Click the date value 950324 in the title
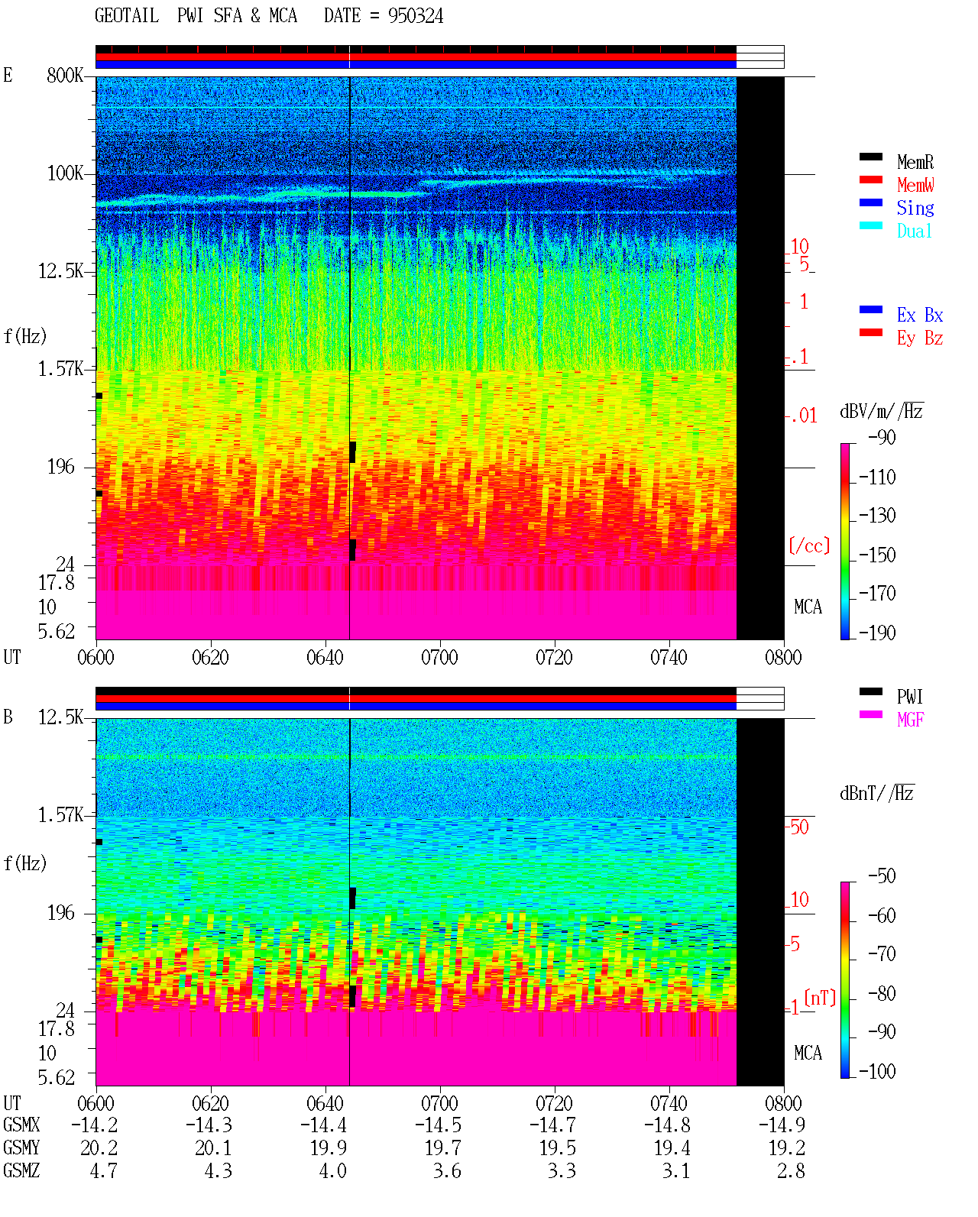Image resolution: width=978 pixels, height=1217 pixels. pos(415,16)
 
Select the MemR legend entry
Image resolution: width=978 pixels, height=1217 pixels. pos(915,162)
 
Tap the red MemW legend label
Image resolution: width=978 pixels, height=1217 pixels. pos(915,185)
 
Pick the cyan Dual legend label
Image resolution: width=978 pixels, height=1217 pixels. pos(914,231)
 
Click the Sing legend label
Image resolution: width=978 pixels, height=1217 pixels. pos(915,208)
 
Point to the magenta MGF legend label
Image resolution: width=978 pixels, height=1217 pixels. pos(910,720)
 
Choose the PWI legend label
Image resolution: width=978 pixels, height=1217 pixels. pos(909,696)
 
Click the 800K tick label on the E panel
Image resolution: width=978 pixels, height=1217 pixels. pos(65,75)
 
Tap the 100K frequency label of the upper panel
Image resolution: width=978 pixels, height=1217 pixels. pos(65,173)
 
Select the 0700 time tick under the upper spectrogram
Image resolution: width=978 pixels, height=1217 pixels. pos(439,657)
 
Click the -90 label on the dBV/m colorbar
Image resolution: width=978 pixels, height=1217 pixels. pos(882,437)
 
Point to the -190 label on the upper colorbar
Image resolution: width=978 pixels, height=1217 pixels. pos(877,633)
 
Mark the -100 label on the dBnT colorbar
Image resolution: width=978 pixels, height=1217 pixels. pos(877,1071)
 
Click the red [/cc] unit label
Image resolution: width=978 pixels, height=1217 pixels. pos(809,545)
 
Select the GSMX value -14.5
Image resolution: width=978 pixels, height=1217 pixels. pos(439,1125)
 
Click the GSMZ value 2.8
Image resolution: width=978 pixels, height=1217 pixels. pos(791,1170)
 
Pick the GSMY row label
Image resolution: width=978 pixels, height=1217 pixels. pos(21,1147)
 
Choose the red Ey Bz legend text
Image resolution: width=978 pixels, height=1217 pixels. pos(920,338)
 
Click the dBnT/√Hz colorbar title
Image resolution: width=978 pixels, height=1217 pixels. pos(877,793)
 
